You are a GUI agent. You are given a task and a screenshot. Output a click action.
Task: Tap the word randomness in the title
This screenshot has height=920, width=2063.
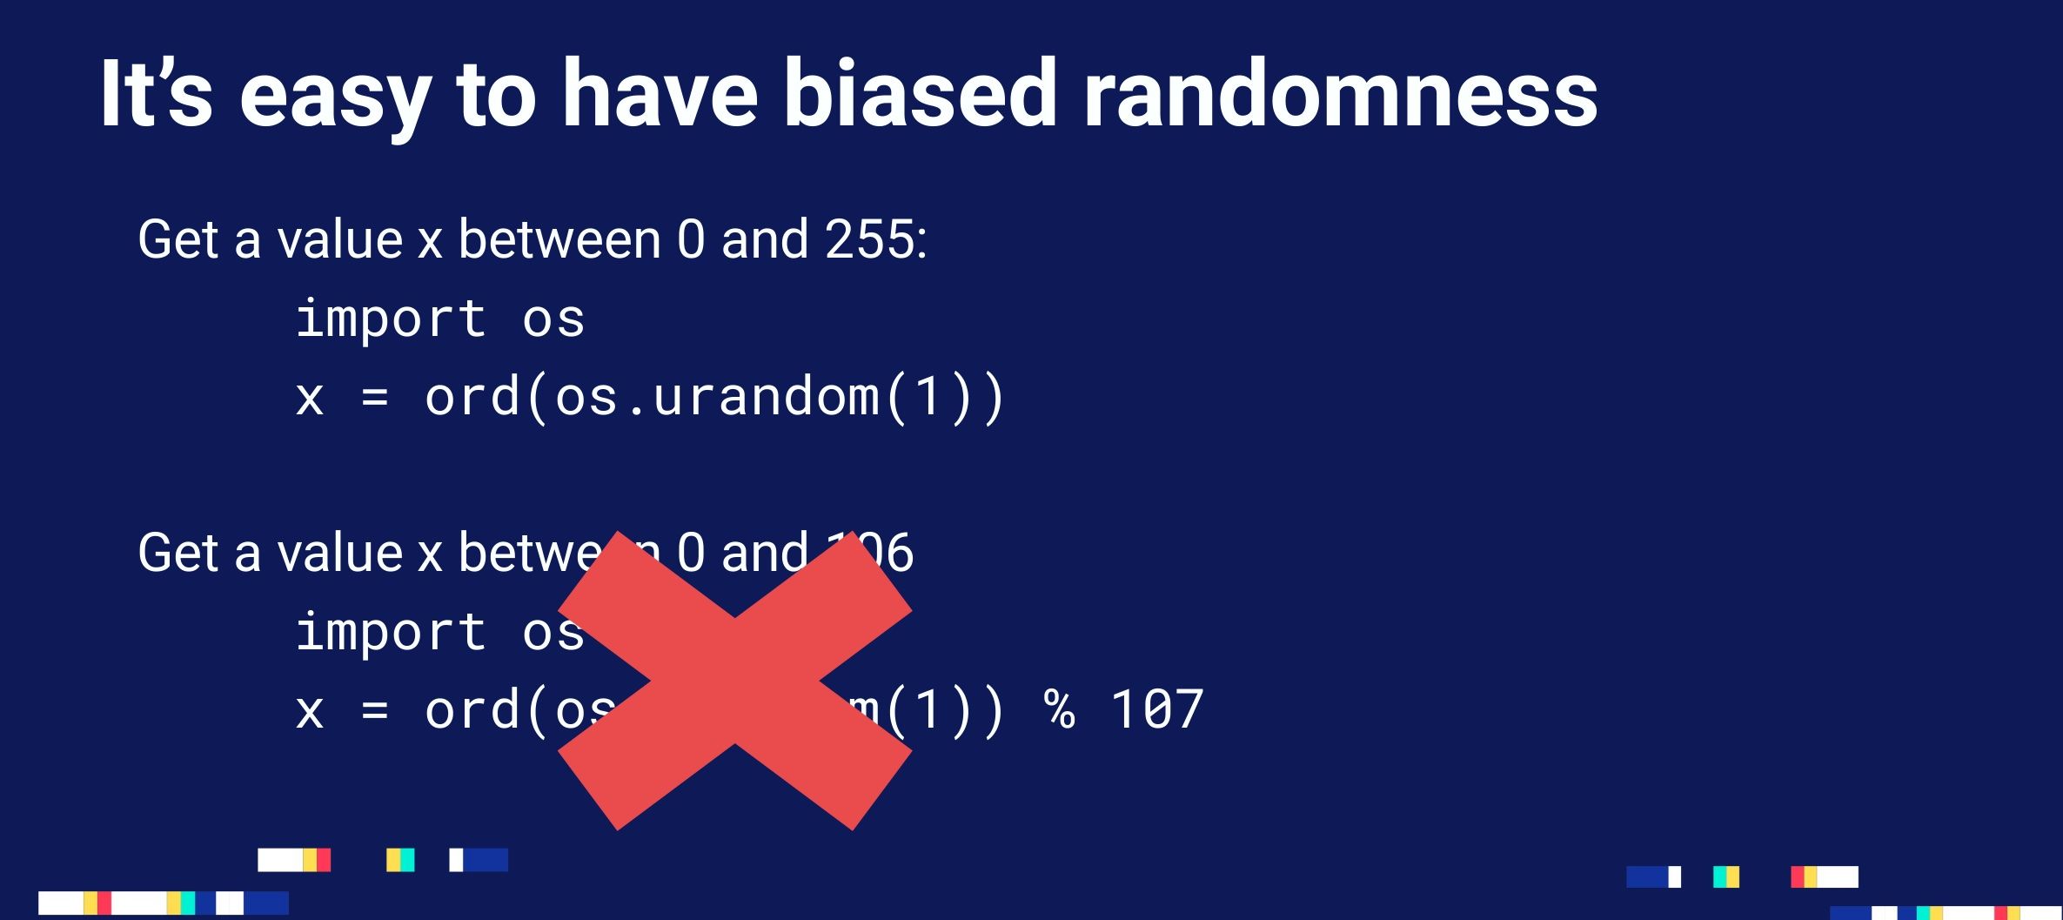pyautogui.click(x=1340, y=93)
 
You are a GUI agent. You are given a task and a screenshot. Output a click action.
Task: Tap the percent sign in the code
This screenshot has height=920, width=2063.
pyautogui.click(x=1060, y=710)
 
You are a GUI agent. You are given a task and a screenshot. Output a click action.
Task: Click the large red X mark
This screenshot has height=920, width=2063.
pyautogui.click(x=734, y=681)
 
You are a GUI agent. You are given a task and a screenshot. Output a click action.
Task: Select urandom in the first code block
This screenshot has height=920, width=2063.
pyautogui.click(x=766, y=398)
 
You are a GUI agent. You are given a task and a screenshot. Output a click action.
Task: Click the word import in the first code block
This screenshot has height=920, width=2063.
pyautogui.click(x=391, y=319)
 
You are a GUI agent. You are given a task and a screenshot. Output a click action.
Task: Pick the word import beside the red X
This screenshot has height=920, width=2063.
pyautogui.click(x=391, y=633)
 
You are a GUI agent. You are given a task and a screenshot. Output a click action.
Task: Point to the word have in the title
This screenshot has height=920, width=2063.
pyautogui.click(x=659, y=93)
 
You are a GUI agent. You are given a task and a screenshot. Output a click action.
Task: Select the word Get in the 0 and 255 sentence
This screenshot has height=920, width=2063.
pyautogui.click(x=179, y=239)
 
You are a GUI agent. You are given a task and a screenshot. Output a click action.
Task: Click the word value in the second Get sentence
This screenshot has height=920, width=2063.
pyautogui.click(x=339, y=554)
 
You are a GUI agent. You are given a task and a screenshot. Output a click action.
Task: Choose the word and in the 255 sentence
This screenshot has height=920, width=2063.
pyautogui.click(x=765, y=239)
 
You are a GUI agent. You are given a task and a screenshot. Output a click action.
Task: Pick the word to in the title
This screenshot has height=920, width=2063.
pyautogui.click(x=495, y=93)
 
